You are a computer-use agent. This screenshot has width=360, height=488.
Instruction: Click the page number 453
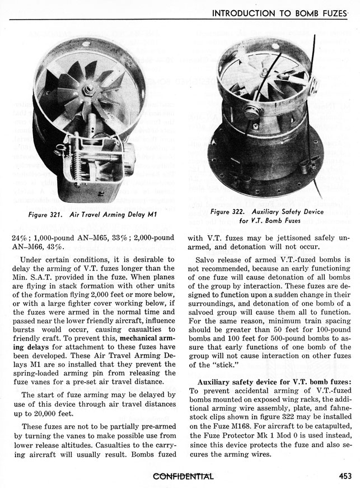pos(344,477)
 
